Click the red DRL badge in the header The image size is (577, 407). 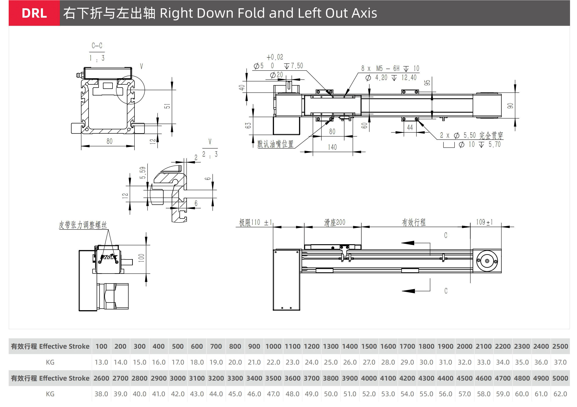pyautogui.click(x=34, y=13)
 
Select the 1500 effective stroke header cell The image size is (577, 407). pyautogui.click(x=369, y=346)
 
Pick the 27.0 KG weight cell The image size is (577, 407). pyautogui.click(x=369, y=362)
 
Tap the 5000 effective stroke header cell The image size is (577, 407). pyautogui.click(x=560, y=378)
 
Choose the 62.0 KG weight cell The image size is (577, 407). pyautogui.click(x=560, y=394)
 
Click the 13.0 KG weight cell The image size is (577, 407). pyautogui.click(x=101, y=362)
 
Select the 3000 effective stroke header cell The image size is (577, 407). pyautogui.click(x=178, y=378)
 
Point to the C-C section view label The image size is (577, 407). pyautogui.click(x=97, y=46)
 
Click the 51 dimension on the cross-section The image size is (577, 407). pyautogui.click(x=167, y=106)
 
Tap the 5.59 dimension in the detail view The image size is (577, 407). pyautogui.click(x=143, y=173)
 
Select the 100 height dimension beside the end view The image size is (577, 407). pyautogui.click(x=141, y=258)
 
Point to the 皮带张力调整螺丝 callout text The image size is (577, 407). pyautogui.click(x=83, y=225)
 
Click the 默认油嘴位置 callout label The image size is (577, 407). pyautogui.click(x=275, y=144)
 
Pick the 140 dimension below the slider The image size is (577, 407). pyautogui.click(x=332, y=147)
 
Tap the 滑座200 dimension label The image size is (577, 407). pyautogui.click(x=334, y=222)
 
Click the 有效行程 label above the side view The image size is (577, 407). pyautogui.click(x=414, y=222)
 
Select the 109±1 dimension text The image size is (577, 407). pyautogui.click(x=484, y=222)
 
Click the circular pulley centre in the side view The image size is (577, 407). pyautogui.click(x=487, y=261)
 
